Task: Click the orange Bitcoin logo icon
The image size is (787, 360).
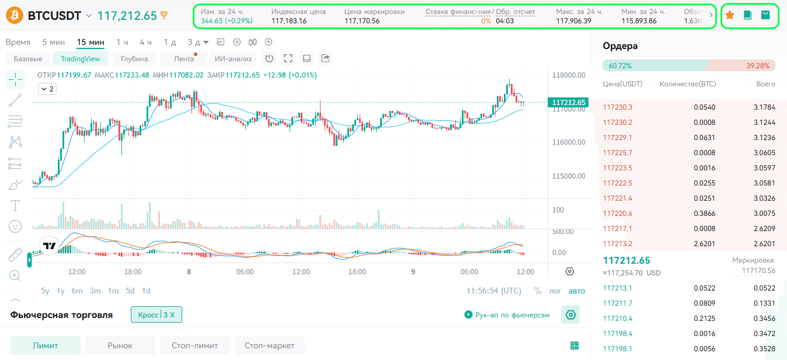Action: [x=15, y=15]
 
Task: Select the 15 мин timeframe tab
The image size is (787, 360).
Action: [x=90, y=42]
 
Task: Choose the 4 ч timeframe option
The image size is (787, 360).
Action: [x=145, y=42]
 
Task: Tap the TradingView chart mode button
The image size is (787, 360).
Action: [x=80, y=59]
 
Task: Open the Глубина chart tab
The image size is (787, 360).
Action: [x=134, y=59]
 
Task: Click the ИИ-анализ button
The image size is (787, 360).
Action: [x=233, y=59]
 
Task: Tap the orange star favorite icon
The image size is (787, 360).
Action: [x=730, y=15]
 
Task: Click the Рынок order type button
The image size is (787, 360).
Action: [x=120, y=345]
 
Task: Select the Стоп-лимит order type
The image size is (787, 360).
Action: [x=194, y=345]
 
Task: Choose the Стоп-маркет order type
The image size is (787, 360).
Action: [x=270, y=345]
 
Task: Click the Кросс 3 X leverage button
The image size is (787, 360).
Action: [x=156, y=314]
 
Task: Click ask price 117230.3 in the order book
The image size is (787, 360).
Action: [x=617, y=107]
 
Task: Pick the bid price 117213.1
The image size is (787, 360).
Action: [x=617, y=288]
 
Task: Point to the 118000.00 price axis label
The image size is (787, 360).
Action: [x=569, y=75]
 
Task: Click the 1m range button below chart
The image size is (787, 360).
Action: [x=113, y=291]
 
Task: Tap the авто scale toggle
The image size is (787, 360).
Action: [x=577, y=291]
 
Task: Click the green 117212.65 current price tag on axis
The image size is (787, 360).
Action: [x=568, y=102]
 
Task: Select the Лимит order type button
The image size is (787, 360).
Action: [x=46, y=345]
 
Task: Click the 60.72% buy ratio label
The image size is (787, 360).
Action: [x=620, y=66]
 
